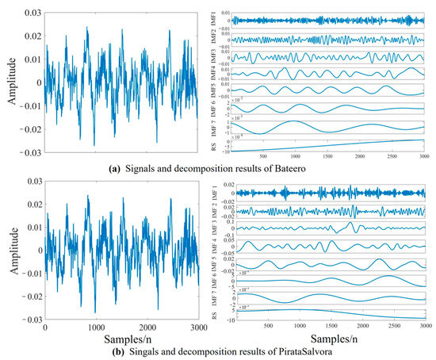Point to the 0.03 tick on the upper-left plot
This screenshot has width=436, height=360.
pos(33,7)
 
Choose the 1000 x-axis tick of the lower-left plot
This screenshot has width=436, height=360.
pos(96,327)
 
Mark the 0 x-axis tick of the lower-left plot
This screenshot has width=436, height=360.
pos(45,327)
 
